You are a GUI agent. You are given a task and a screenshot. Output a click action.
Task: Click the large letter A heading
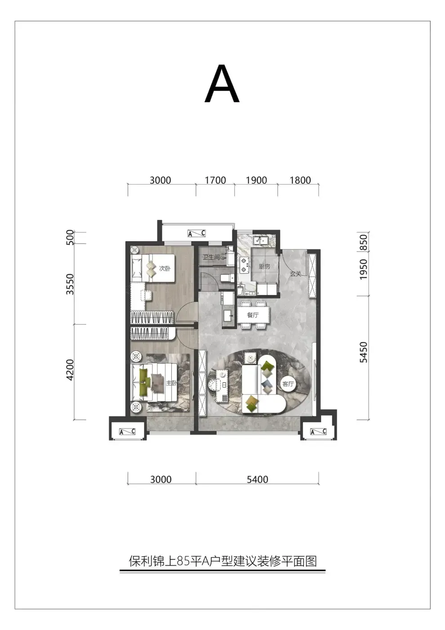(222, 84)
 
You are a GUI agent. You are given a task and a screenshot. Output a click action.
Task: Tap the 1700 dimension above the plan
(215, 180)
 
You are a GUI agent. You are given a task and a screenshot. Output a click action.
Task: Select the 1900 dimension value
(256, 180)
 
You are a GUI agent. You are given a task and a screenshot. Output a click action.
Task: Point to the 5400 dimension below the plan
(257, 479)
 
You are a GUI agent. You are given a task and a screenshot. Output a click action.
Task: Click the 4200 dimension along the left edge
(70, 370)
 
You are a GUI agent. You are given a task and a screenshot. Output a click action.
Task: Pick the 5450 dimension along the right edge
(363, 352)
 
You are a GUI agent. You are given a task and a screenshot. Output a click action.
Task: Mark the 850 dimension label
(363, 243)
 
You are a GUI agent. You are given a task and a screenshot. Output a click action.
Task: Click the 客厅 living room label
(288, 384)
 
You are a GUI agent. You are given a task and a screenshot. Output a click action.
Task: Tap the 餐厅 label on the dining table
(253, 315)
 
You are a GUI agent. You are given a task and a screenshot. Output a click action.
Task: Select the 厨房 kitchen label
(264, 266)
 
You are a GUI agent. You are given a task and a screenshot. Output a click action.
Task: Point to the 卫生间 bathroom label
(211, 257)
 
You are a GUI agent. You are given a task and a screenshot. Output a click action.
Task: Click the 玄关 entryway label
(296, 274)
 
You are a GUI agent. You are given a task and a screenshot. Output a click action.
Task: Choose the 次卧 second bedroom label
(165, 268)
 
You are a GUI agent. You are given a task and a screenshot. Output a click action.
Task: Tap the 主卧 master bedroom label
(171, 383)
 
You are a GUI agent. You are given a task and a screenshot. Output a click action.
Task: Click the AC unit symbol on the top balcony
(197, 234)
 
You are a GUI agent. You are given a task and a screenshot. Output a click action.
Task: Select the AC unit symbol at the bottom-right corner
(318, 432)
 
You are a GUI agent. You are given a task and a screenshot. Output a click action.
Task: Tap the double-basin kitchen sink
(261, 240)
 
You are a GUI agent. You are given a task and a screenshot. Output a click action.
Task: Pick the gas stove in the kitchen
(244, 265)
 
